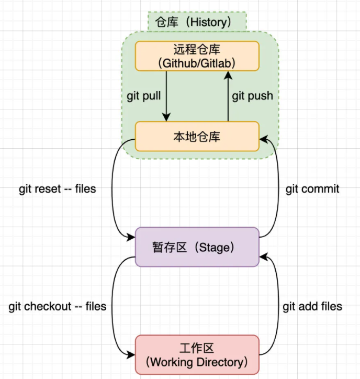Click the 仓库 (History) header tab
tap(196, 22)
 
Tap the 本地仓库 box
tap(197, 137)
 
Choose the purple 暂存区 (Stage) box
tap(197, 247)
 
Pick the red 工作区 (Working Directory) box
tap(197, 354)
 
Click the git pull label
tap(144, 96)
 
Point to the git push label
tap(253, 96)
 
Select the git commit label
tap(312, 189)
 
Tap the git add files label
tap(312, 306)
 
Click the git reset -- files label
tap(58, 189)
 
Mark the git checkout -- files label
tap(58, 306)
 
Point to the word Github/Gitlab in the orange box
tap(197, 63)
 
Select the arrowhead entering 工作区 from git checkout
tap(131, 355)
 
